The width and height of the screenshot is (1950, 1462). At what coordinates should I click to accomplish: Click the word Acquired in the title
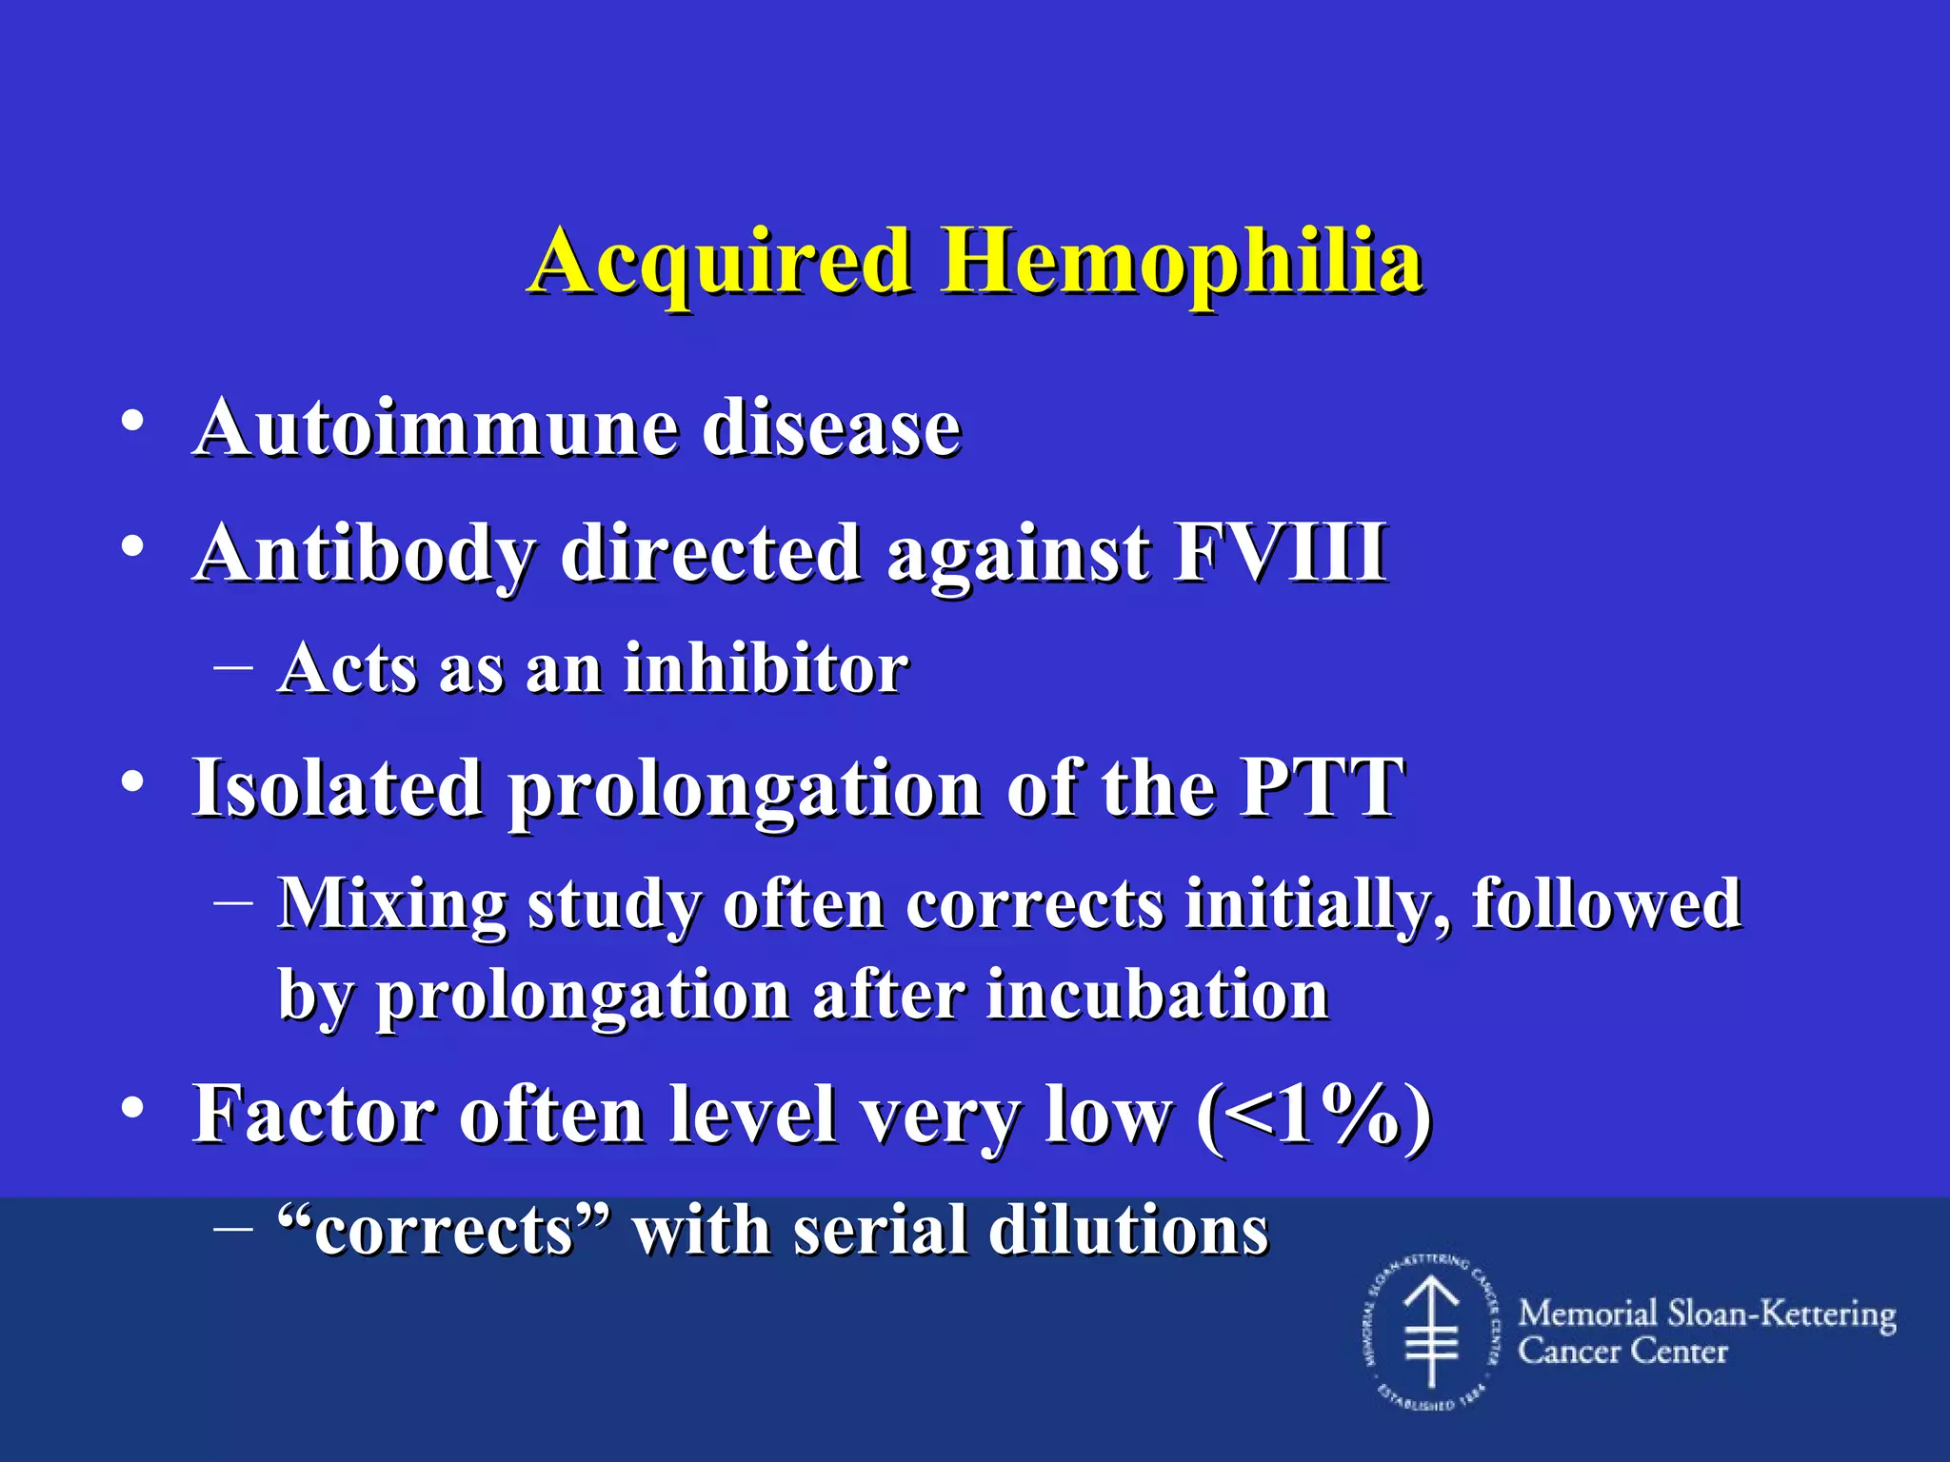[720, 262]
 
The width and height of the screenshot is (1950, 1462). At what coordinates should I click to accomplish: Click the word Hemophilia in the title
[1182, 262]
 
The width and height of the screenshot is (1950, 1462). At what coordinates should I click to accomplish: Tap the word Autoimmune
[435, 427]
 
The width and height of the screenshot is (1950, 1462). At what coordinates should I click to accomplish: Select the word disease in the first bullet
[831, 427]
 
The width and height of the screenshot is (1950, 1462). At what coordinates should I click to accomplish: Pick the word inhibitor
[766, 668]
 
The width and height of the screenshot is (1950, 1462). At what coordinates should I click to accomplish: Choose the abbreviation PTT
[1322, 788]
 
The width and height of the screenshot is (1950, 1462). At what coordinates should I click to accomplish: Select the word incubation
[1157, 996]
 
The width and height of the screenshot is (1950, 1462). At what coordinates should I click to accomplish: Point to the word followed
[1606, 902]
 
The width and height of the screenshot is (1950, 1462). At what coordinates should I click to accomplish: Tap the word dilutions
[1128, 1230]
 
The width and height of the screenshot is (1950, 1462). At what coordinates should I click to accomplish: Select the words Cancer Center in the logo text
[1622, 1352]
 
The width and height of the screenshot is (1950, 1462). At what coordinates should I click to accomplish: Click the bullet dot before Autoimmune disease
[132, 420]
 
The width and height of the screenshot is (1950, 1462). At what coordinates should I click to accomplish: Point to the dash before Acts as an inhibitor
[233, 667]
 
